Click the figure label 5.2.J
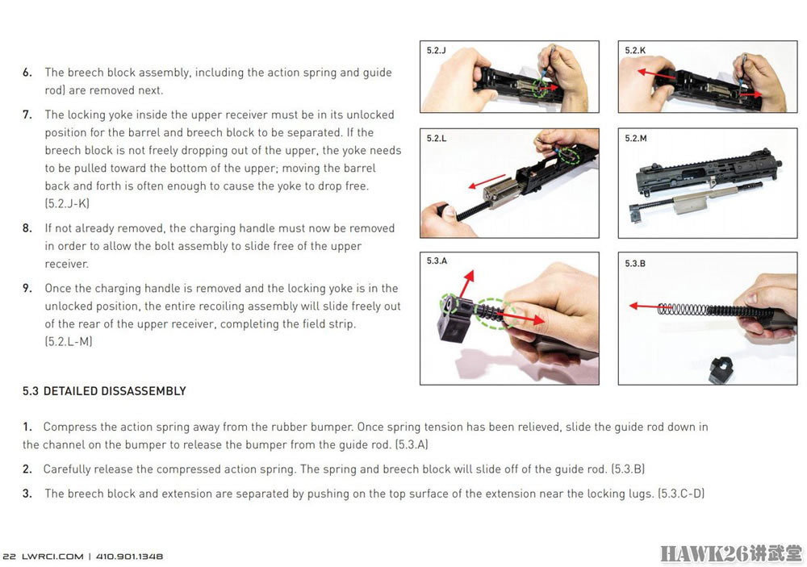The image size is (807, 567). (x=436, y=51)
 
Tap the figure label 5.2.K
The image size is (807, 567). (x=635, y=51)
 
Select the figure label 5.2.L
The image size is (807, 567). (x=437, y=139)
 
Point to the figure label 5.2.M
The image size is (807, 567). (x=636, y=139)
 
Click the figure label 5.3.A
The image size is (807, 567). (x=437, y=261)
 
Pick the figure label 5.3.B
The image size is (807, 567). (x=635, y=264)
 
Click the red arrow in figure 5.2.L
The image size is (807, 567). (x=487, y=181)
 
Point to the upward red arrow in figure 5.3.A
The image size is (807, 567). (x=466, y=284)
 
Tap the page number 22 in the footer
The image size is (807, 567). (x=9, y=557)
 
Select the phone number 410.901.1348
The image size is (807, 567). (x=129, y=557)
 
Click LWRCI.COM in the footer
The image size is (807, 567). (x=52, y=557)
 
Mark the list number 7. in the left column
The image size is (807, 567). (x=27, y=115)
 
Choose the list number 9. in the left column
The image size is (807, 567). (x=27, y=289)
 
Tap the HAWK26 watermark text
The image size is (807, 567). (x=704, y=553)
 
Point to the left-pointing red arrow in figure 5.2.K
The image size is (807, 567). (x=656, y=74)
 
